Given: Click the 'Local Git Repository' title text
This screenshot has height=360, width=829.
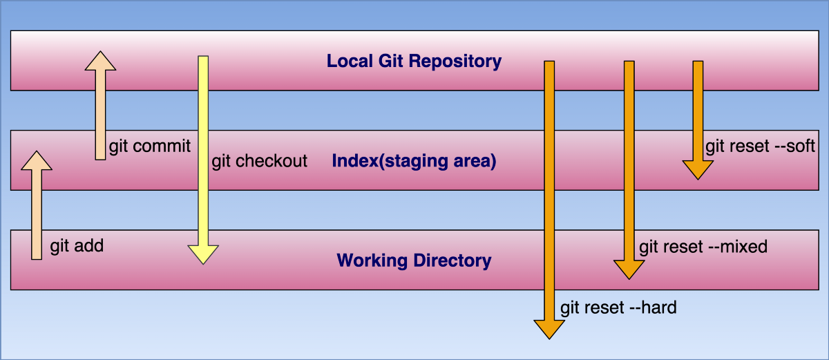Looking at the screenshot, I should pyautogui.click(x=414, y=61).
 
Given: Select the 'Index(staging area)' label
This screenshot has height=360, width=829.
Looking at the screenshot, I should pyautogui.click(x=414, y=162).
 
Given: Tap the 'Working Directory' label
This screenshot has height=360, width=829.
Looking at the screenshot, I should pyautogui.click(x=414, y=261).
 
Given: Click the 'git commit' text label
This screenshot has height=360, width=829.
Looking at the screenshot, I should pyautogui.click(x=150, y=146).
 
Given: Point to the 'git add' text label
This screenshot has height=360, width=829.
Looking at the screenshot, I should pyautogui.click(x=77, y=246).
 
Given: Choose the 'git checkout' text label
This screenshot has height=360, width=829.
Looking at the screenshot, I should pyautogui.click(x=259, y=162).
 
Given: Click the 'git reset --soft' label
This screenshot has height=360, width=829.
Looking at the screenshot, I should pyautogui.click(x=761, y=146).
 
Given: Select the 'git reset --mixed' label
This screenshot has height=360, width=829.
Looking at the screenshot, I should pyautogui.click(x=703, y=247).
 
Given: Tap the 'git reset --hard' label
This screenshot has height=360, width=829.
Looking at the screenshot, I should pyautogui.click(x=618, y=307).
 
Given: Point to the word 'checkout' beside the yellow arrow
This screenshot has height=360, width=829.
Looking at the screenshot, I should pyautogui.click(x=272, y=162).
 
